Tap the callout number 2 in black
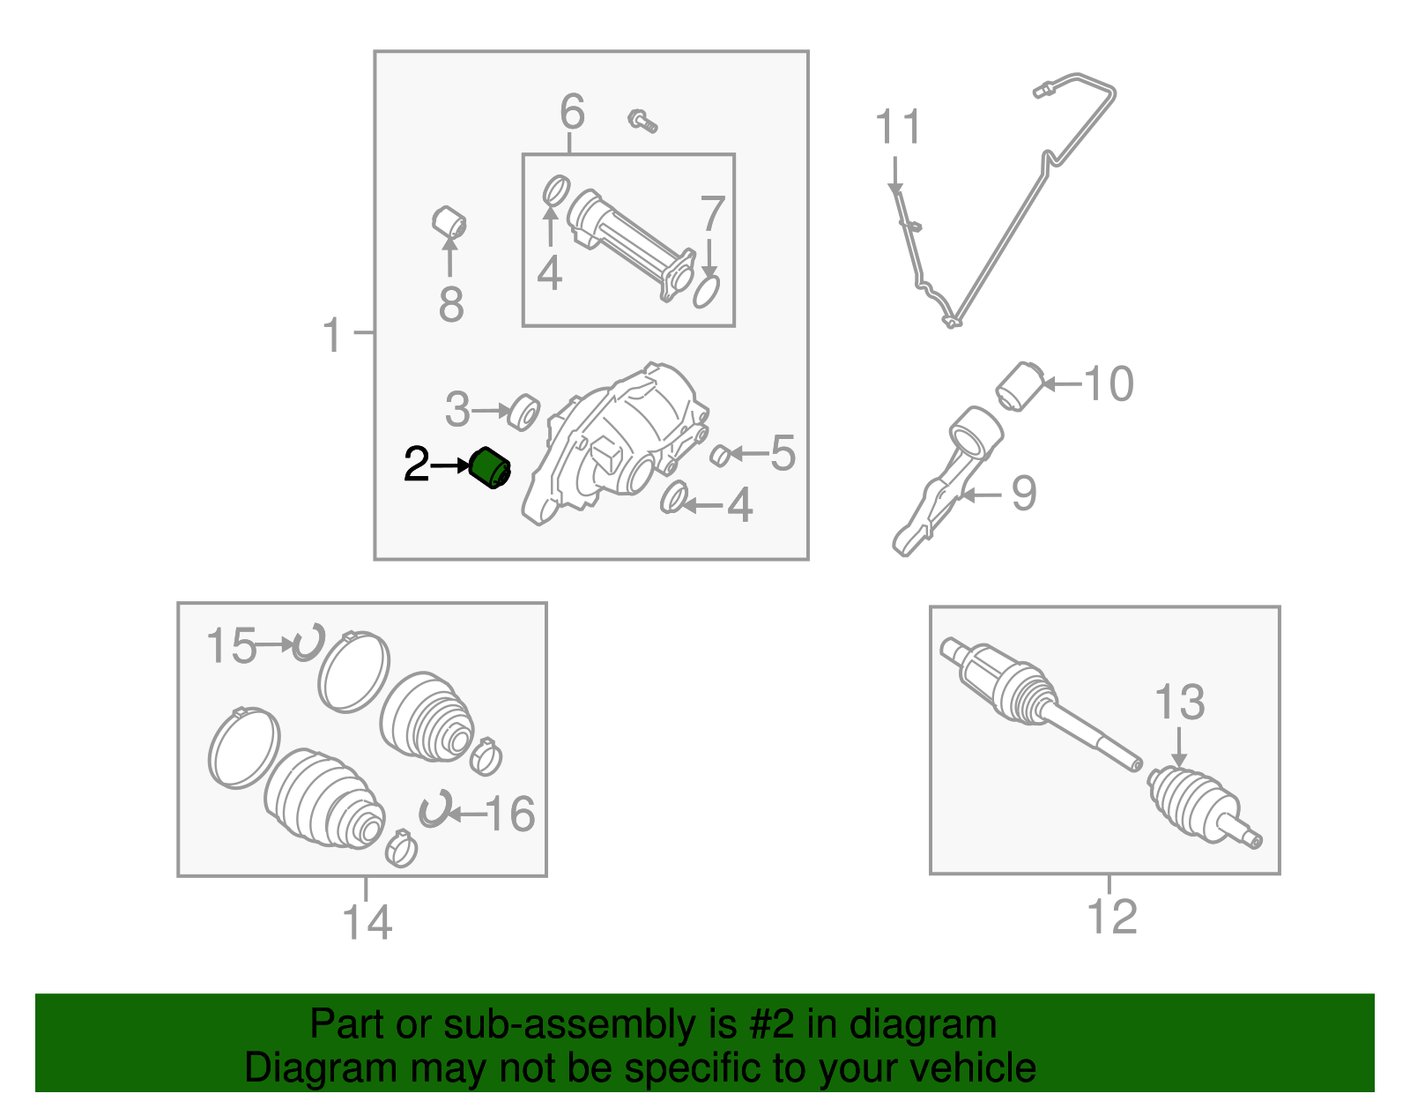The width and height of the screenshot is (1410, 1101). [416, 465]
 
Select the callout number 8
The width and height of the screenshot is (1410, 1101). [450, 305]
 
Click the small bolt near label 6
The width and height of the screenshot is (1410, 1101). [642, 121]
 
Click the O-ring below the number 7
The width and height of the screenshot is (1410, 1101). [707, 290]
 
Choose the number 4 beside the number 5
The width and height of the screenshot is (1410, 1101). [739, 506]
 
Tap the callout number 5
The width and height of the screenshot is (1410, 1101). [783, 453]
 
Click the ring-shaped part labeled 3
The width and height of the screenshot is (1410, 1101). [524, 412]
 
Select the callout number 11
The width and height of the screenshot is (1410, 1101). [898, 128]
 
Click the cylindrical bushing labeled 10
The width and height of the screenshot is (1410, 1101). [1020, 386]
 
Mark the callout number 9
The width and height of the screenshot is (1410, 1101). [1023, 494]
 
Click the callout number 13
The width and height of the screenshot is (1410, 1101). [1179, 703]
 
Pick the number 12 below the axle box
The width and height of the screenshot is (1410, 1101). [1112, 917]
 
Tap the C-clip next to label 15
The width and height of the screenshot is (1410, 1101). [309, 643]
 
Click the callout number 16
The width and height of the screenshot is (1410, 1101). [509, 814]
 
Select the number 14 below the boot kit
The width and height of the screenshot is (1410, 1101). [367, 922]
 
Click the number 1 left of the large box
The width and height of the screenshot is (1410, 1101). [331, 336]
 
